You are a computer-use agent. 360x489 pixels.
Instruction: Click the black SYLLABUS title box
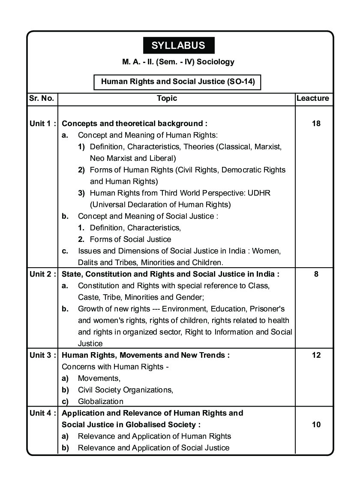[178, 45]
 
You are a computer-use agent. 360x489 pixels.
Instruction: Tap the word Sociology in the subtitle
[216, 62]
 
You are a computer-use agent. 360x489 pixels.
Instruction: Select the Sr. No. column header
[42, 98]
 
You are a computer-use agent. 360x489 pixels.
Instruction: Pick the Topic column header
[167, 98]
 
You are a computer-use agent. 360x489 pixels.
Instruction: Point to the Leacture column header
[313, 98]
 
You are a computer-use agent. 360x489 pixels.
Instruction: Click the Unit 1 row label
[42, 124]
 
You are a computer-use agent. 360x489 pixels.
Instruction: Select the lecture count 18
[316, 124]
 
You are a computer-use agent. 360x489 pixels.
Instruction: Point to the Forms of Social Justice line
[130, 239]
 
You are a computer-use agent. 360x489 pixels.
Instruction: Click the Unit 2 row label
[42, 274]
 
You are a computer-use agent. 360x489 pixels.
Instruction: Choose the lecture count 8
[316, 274]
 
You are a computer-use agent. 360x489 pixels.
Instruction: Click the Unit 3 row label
[42, 355]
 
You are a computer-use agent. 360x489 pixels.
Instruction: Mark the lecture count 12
[316, 355]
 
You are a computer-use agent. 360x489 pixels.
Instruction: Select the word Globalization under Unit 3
[100, 401]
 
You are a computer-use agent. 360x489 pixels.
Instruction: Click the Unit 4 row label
[42, 413]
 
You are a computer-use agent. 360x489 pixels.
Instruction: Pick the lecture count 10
[316, 425]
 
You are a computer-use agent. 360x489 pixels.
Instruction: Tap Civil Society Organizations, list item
[125, 390]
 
